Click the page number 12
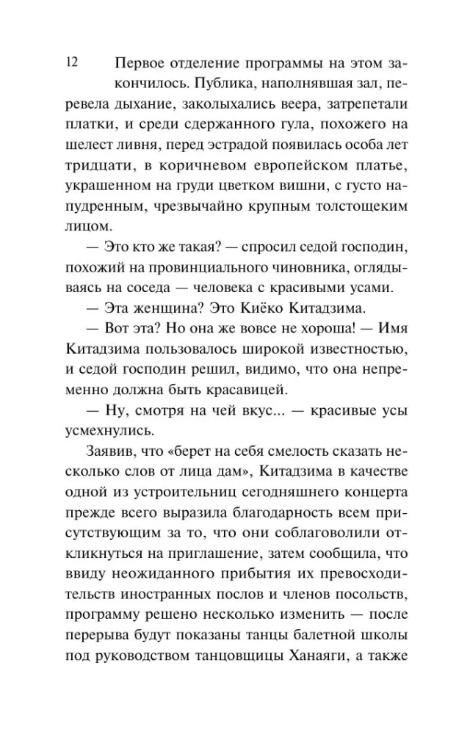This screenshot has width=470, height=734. click(71, 62)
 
